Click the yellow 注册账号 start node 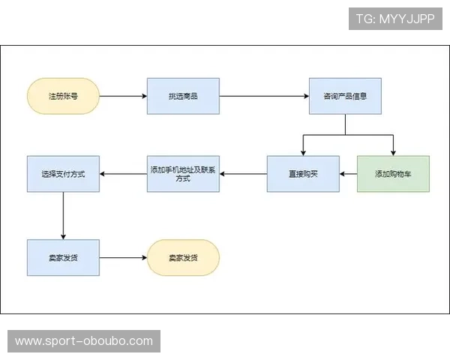tap(64, 96)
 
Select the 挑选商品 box tap(183, 96)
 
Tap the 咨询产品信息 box tap(345, 96)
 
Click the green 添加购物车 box tap(393, 174)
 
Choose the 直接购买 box tap(303, 174)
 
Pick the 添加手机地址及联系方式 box tap(183, 174)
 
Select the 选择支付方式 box tap(63, 174)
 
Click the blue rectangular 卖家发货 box tap(63, 257)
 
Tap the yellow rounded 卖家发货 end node tap(183, 257)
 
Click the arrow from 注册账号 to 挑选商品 tap(123, 96)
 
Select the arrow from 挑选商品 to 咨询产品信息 tap(264, 96)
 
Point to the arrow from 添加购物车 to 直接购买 tap(348, 174)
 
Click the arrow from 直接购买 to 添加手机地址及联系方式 tap(243, 174)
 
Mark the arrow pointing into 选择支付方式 tap(123, 174)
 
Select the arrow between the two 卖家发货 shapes tap(123, 257)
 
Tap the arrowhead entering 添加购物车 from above tap(393, 152)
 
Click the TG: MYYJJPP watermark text tap(395, 19)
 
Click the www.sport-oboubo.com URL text tap(84, 341)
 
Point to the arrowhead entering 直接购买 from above tap(303, 152)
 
